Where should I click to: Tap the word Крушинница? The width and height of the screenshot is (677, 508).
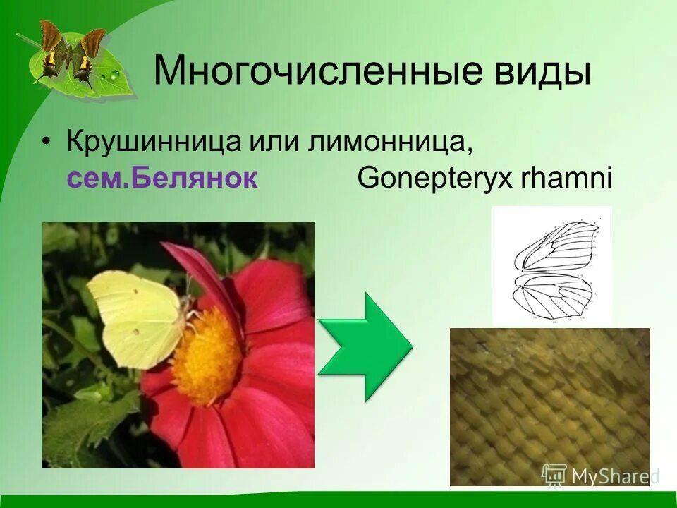[153, 143]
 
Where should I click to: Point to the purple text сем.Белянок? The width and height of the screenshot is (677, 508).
[162, 178]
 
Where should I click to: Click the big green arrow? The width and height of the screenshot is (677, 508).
[365, 346]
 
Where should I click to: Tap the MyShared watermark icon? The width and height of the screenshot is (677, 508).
[554, 476]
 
